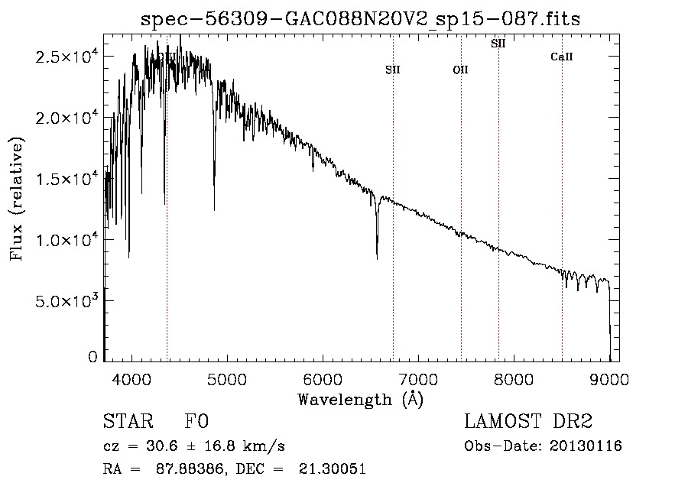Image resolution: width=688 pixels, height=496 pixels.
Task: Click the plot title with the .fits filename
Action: tap(360, 19)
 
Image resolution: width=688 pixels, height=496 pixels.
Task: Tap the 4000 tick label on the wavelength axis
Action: tap(131, 379)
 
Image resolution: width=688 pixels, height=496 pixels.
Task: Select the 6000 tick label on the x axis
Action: tap(323, 379)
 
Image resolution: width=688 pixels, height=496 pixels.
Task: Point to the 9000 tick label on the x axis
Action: tap(609, 379)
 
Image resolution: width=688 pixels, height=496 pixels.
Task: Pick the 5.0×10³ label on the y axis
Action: tap(67, 301)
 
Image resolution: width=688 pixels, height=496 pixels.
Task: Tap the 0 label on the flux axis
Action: tap(92, 357)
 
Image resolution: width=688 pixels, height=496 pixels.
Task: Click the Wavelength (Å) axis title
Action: tap(361, 400)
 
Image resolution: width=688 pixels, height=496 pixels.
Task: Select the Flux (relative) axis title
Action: tap(17, 199)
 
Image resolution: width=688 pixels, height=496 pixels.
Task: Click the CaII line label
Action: tap(562, 57)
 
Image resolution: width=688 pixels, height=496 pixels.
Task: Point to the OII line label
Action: tap(461, 70)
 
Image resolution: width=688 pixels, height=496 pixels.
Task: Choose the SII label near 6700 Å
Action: tap(393, 70)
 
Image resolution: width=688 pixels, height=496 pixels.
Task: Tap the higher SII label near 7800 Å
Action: tap(498, 44)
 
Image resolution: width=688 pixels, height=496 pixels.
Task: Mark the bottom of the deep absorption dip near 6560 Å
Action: tap(377, 259)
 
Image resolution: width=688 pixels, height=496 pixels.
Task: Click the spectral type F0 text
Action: tap(196, 421)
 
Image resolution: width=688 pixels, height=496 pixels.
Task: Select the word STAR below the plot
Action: tap(128, 421)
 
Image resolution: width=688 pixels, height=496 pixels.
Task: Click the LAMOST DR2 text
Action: tap(528, 421)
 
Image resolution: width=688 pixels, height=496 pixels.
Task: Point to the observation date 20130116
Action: tap(586, 446)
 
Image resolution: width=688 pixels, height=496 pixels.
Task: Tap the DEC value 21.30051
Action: tap(333, 468)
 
